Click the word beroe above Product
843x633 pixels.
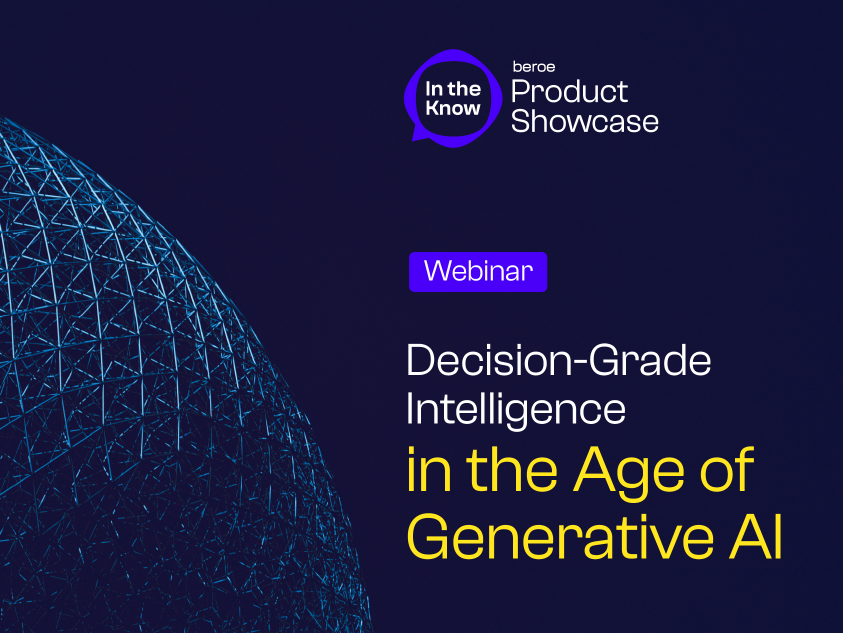pos(534,67)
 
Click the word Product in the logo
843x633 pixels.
pos(569,91)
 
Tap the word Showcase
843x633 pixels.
pos(585,121)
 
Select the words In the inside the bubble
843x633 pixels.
pos(453,89)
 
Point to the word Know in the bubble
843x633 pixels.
pos(453,108)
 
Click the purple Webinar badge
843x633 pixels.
pos(478,272)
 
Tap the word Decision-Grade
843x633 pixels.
pos(558,360)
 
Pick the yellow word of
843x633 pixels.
pos(727,469)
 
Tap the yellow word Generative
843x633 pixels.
pos(560,537)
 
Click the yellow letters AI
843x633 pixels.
pos(755,537)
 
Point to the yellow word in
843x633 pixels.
pos(429,469)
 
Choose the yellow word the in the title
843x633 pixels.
pos(512,469)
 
